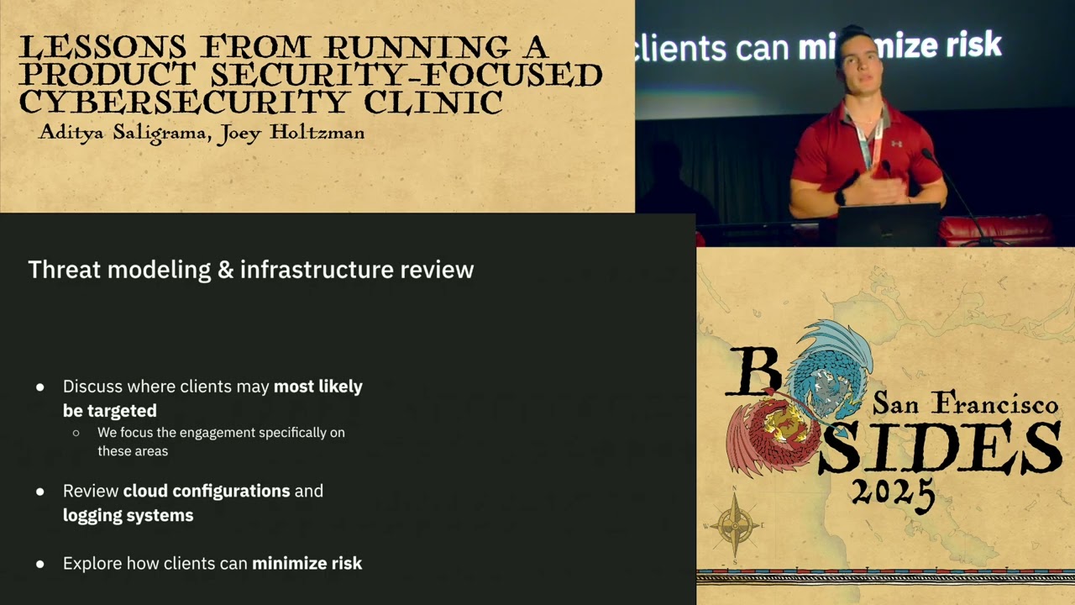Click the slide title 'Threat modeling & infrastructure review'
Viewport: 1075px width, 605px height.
250,270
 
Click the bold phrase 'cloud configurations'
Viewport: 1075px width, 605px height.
207,491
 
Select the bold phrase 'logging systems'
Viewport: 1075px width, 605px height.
128,515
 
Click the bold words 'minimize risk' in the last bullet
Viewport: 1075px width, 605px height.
307,563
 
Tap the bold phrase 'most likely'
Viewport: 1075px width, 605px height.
317,387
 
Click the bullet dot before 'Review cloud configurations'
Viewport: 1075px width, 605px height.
40,492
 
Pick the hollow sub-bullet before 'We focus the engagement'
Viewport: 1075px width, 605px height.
76,433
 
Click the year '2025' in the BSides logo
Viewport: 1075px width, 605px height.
892,491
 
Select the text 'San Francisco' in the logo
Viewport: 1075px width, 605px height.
965,404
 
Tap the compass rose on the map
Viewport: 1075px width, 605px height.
736,524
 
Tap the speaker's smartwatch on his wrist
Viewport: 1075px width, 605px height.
841,197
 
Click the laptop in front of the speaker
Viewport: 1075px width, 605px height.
888,224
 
